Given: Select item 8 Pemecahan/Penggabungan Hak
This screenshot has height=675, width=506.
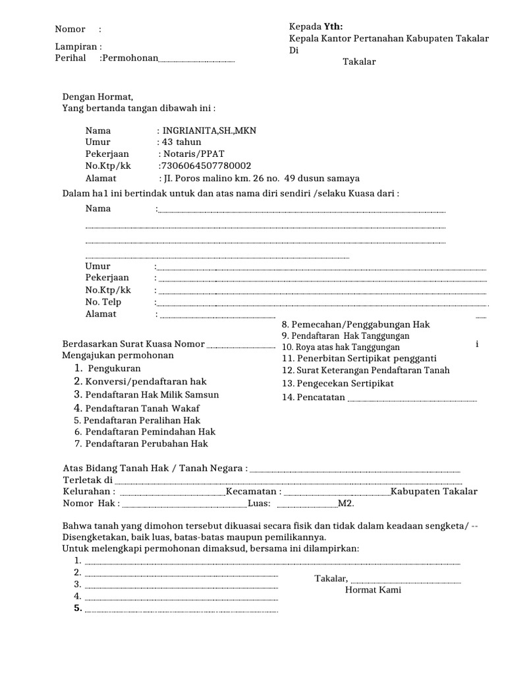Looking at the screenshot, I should (355, 325).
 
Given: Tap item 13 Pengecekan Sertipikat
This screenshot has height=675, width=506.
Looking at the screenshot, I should (337, 383).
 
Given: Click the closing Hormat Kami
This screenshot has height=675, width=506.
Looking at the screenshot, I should (373, 590).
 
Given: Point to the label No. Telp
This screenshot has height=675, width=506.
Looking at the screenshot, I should (103, 302).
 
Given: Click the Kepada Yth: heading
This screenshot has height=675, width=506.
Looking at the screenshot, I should (316, 26).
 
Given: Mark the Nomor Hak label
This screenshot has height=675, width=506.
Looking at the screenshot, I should (91, 504).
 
